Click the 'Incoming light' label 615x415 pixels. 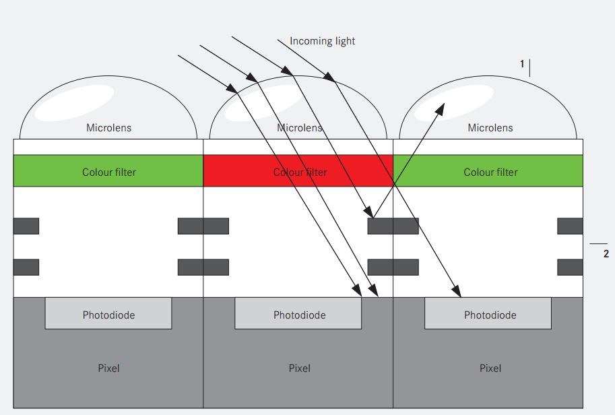click(323, 41)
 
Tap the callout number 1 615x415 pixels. click(522, 63)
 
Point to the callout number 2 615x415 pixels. click(606, 254)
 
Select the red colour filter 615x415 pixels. click(298, 170)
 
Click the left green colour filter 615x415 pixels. click(108, 170)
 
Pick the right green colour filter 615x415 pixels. click(488, 170)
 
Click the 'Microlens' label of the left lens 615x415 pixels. click(108, 128)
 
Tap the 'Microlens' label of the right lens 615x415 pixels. click(490, 128)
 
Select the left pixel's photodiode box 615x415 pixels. click(108, 313)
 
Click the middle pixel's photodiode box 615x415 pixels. click(298, 313)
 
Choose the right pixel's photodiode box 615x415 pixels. click(488, 313)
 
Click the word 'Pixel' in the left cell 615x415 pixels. click(108, 369)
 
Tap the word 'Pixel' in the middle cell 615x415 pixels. click(300, 369)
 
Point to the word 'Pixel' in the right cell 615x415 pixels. click(490, 369)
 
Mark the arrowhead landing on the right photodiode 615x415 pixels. click(457, 292)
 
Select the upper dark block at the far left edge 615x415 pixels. click(26, 226)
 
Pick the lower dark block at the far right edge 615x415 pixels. click(570, 267)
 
